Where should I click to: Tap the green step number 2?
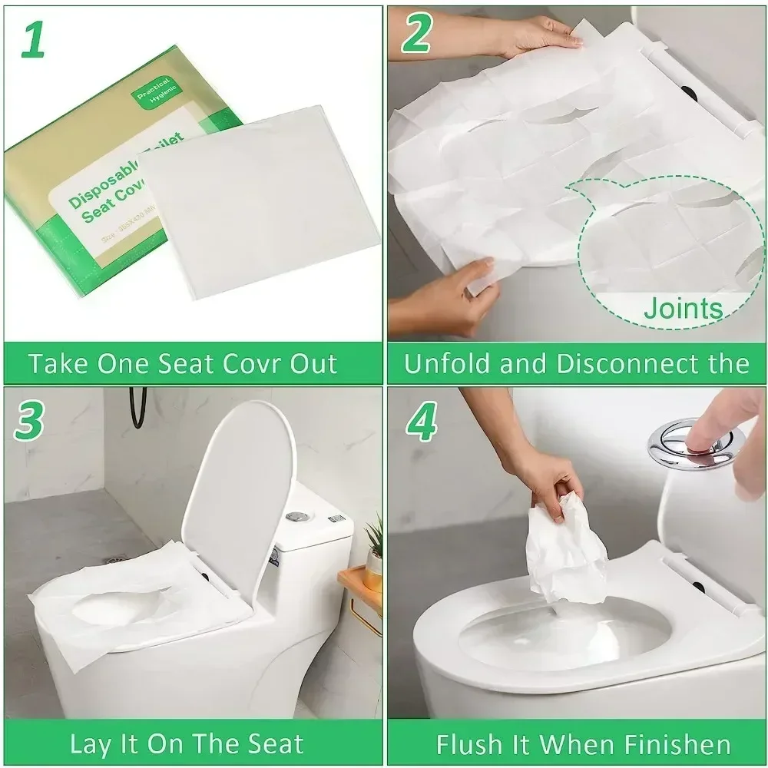pyautogui.click(x=419, y=35)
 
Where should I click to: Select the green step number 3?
pyautogui.click(x=29, y=420)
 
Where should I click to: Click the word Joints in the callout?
pyautogui.click(x=683, y=309)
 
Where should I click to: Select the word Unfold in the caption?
pyautogui.click(x=447, y=363)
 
